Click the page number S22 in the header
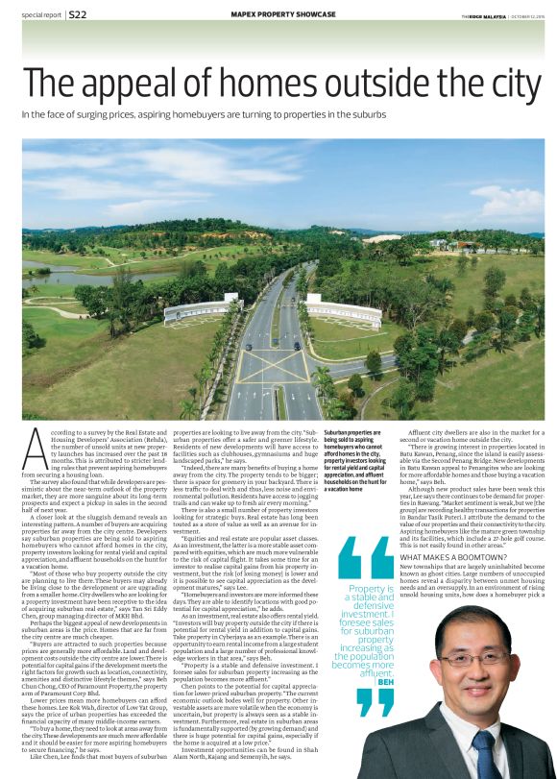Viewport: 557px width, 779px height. tap(79, 15)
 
